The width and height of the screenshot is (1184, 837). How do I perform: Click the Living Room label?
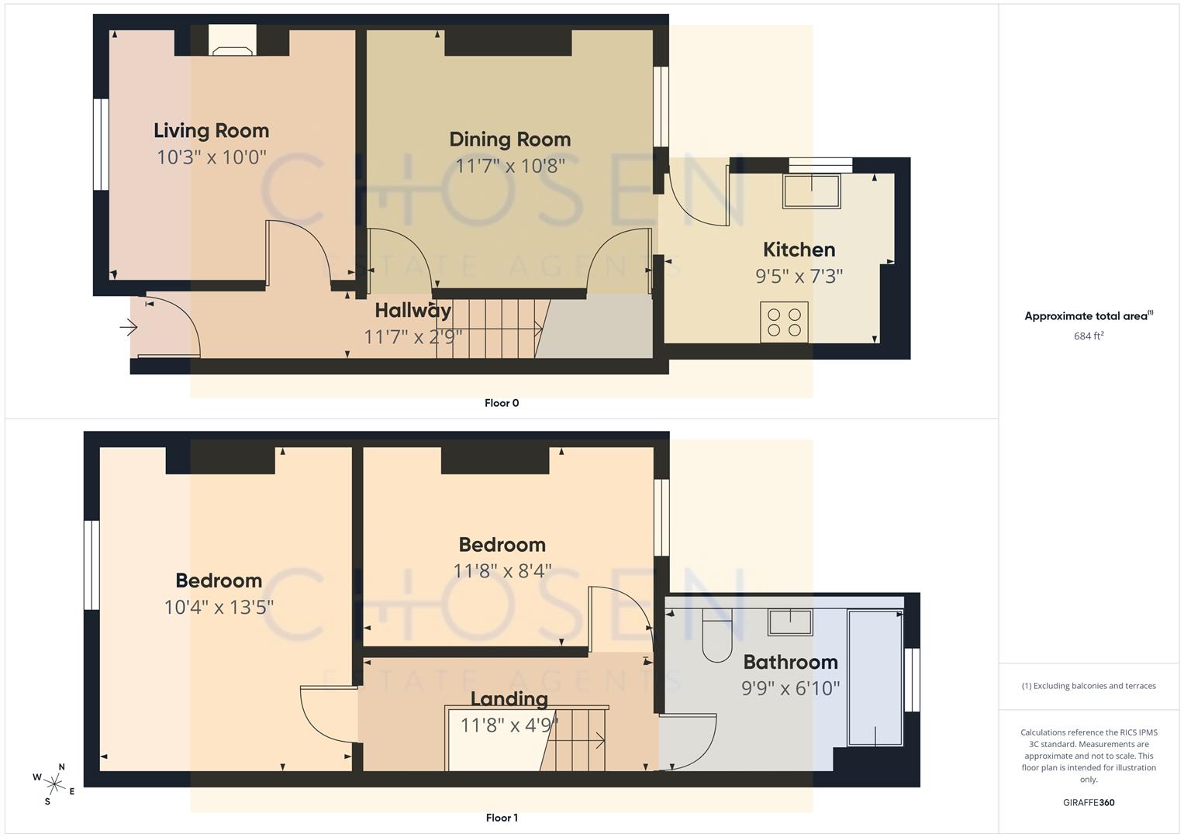(211, 131)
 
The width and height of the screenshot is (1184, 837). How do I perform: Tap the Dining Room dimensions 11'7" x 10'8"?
(509, 166)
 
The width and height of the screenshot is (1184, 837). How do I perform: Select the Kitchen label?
(799, 250)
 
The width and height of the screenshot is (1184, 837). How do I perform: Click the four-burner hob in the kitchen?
(784, 322)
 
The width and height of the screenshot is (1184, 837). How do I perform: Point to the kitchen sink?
(811, 191)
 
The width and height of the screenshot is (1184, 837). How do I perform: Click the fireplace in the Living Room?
(233, 42)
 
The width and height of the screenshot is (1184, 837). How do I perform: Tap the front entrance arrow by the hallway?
(128, 328)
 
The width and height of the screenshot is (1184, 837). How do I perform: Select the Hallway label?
(413, 311)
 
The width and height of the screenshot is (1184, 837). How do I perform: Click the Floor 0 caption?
(502, 403)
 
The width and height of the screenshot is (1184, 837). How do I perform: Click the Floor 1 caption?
(502, 818)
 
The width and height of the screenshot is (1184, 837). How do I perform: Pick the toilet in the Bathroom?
(717, 637)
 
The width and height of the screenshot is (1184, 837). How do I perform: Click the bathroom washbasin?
(790, 622)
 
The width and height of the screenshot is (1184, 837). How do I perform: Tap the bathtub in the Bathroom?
(875, 677)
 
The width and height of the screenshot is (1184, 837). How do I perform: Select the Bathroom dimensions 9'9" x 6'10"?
(790, 688)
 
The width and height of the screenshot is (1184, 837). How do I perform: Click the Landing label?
(509, 699)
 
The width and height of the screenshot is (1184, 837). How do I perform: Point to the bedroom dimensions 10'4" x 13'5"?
(219, 607)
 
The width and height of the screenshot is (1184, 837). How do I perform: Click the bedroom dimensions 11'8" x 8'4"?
(502, 571)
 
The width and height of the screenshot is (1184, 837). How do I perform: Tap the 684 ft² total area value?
(1089, 336)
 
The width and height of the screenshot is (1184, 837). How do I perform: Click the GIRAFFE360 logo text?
(1089, 803)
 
